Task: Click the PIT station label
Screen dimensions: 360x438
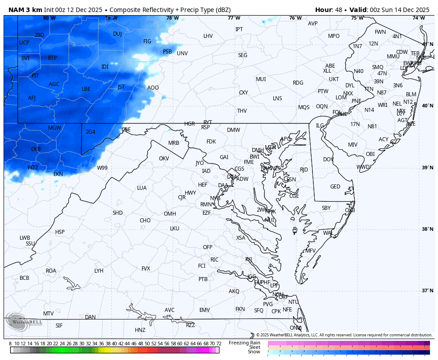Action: (35, 76)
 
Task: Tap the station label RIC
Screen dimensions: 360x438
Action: (215, 260)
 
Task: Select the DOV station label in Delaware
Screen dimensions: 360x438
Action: (328, 160)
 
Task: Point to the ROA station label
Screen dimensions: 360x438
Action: (51, 271)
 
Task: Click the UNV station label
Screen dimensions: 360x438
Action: (182, 53)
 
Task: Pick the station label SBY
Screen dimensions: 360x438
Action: (326, 208)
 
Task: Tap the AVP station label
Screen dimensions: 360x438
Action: (313, 24)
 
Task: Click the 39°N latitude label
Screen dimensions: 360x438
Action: (428, 168)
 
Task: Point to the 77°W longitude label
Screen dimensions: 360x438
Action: (234, 18)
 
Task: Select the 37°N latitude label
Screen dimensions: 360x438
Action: (428, 290)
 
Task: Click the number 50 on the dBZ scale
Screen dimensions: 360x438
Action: (147, 344)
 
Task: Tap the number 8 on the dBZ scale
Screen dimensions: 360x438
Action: (10, 344)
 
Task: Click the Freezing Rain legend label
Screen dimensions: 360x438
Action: (244, 343)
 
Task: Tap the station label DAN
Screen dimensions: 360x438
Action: (90, 317)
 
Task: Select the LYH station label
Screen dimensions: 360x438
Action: (99, 271)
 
